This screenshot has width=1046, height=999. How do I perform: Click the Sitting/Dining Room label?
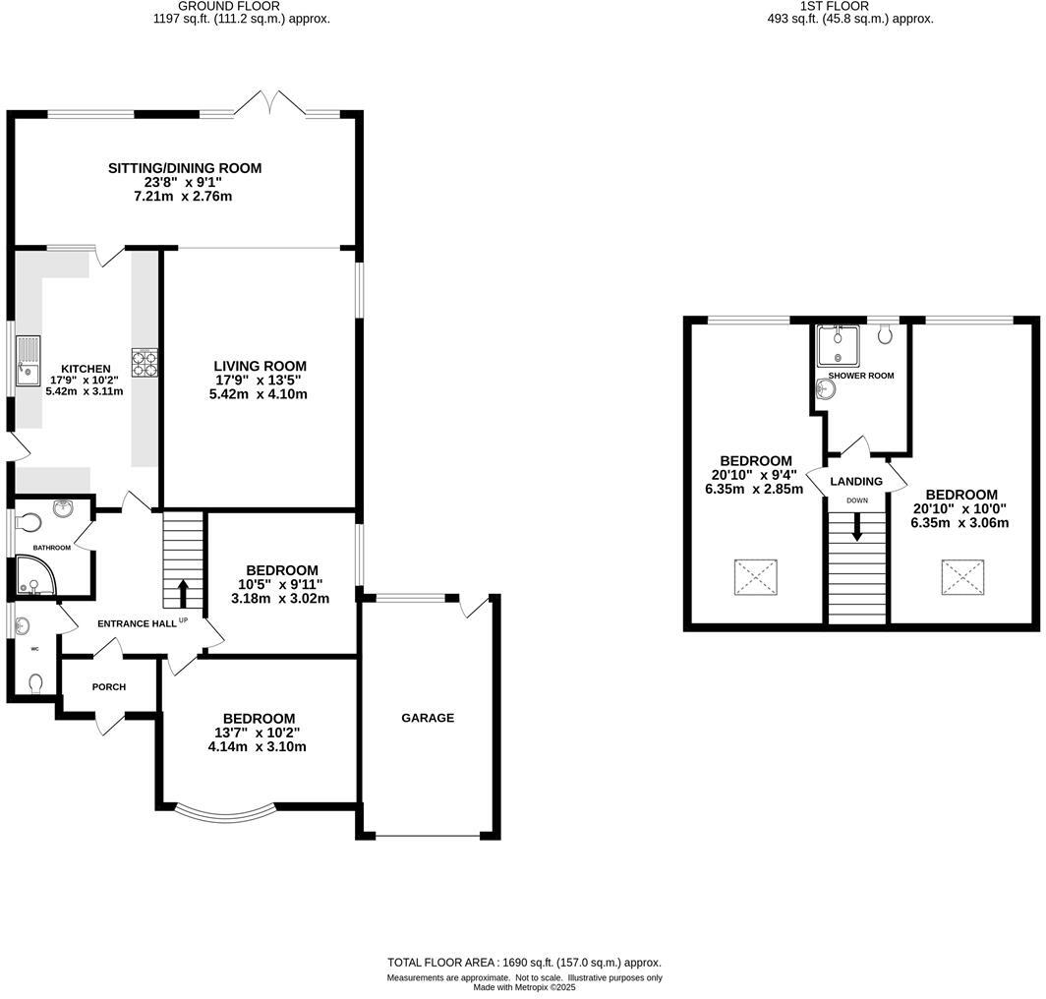(185, 168)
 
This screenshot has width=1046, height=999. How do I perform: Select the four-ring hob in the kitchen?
(145, 364)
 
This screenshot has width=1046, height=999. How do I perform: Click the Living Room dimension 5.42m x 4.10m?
(258, 394)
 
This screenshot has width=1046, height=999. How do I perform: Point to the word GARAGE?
(428, 718)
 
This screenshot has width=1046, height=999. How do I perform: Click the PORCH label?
(109, 686)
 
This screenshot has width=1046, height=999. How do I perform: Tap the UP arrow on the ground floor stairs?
(183, 593)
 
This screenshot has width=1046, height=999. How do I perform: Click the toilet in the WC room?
(36, 681)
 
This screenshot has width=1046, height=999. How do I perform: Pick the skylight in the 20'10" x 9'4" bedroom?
(755, 577)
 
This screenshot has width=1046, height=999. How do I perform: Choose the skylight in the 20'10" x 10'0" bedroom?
(962, 577)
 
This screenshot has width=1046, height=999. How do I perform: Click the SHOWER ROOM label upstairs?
(861, 376)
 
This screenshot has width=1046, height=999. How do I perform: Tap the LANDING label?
(856, 481)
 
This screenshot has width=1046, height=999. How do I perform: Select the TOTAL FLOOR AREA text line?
(524, 963)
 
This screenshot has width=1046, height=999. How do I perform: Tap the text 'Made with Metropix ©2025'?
(524, 987)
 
